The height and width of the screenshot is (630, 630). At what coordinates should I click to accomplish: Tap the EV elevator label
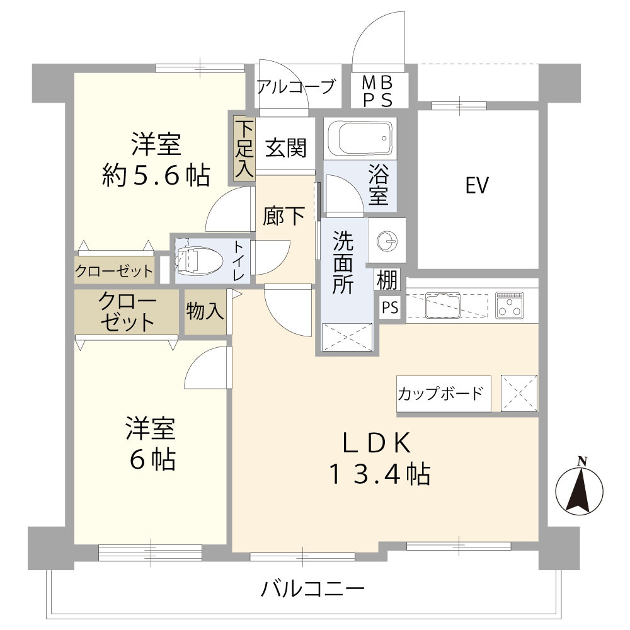click(x=477, y=186)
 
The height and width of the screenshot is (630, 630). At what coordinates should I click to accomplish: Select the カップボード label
click(x=440, y=394)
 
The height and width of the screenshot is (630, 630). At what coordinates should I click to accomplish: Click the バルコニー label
click(x=312, y=590)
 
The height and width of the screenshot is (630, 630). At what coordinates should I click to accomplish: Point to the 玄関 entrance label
click(x=285, y=148)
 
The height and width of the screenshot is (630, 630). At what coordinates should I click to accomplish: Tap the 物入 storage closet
click(x=205, y=311)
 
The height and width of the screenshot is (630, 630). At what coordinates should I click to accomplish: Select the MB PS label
click(x=378, y=91)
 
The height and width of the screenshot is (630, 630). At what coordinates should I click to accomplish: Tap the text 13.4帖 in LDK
click(x=378, y=474)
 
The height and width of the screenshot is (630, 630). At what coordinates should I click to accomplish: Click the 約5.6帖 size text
click(x=156, y=176)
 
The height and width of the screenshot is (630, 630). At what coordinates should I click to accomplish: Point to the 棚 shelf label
click(x=387, y=279)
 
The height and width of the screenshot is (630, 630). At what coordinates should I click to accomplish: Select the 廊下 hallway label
click(x=284, y=216)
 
